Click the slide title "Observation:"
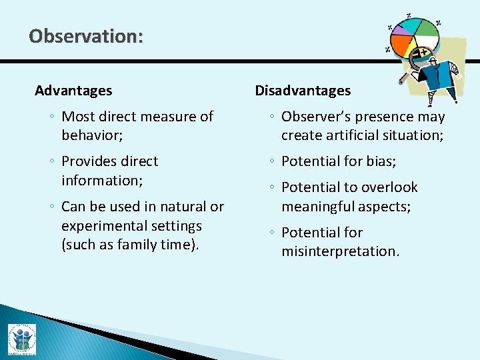pyautogui.click(x=85, y=36)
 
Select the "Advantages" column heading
pyautogui.click(x=73, y=91)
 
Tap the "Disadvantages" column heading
pyautogui.click(x=303, y=91)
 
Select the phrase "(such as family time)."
pyautogui.click(x=130, y=245)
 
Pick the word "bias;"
pyautogui.click(x=382, y=161)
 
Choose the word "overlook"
pyautogui.click(x=390, y=187)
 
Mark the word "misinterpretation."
pyautogui.click(x=340, y=251)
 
